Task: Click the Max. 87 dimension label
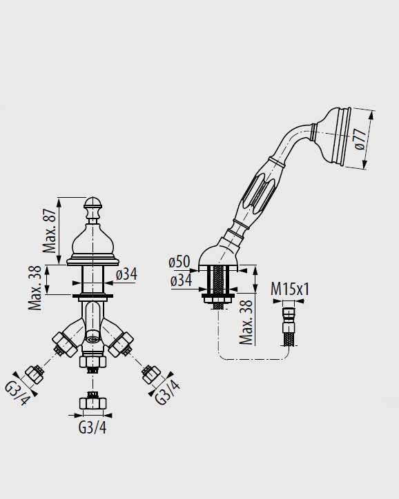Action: [50, 230]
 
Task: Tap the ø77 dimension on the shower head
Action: [360, 139]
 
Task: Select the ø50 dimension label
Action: [179, 262]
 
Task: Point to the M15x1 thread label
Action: [290, 289]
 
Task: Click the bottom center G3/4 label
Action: [93, 427]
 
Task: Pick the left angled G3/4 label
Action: [17, 394]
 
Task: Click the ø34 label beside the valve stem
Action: [126, 274]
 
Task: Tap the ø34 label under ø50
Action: [181, 281]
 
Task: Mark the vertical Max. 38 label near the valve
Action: [35, 288]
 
